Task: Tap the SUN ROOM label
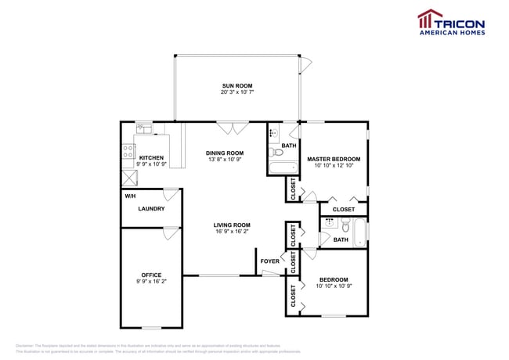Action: (236, 85)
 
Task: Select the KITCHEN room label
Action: (151, 157)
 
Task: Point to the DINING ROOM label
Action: (225, 153)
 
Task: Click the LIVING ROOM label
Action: (232, 225)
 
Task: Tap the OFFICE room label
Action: (151, 275)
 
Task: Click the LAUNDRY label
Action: (151, 209)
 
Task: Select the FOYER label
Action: (270, 261)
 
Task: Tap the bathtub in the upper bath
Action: (283, 167)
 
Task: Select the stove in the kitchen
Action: (127, 153)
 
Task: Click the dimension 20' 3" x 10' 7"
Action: (236, 92)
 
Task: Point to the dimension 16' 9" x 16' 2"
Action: (232, 232)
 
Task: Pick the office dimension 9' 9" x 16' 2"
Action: (151, 281)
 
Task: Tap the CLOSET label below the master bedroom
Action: (343, 210)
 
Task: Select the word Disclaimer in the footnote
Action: (28, 345)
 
